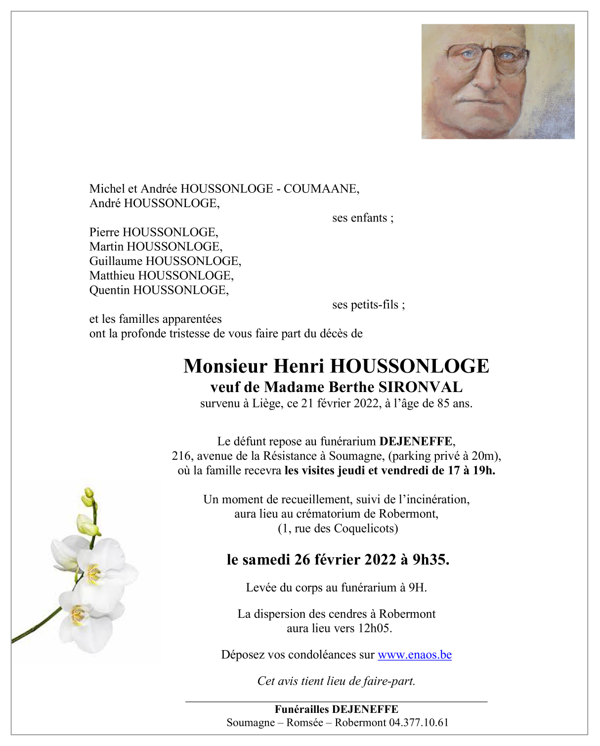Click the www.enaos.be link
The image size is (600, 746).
pyautogui.click(x=414, y=655)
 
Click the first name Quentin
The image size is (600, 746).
pyautogui.click(x=110, y=290)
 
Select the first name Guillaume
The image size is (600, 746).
pyautogui.click(x=116, y=261)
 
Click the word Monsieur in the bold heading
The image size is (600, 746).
pyautogui.click(x=226, y=366)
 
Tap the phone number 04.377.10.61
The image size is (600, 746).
pyautogui.click(x=419, y=722)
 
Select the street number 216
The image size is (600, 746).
pyautogui.click(x=182, y=456)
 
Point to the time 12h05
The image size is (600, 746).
pyautogui.click(x=374, y=628)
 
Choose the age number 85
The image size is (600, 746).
pyautogui.click(x=443, y=403)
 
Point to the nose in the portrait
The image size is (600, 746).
pyautogui.click(x=486, y=79)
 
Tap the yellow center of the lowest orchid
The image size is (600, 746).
pyautogui.click(x=78, y=615)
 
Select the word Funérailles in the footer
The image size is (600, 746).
pyautogui.click(x=301, y=709)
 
